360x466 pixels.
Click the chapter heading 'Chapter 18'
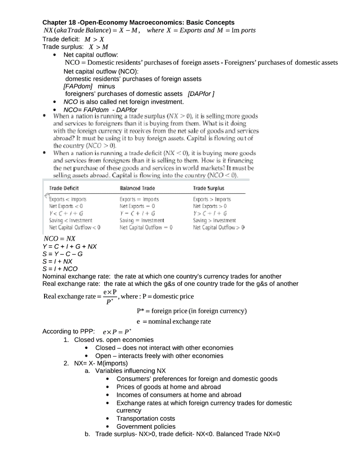(60, 22)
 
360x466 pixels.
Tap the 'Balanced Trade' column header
(137, 188)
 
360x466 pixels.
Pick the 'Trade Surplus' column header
(208, 188)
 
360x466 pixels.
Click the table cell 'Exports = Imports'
(139, 199)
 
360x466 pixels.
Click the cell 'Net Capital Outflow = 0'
(146, 227)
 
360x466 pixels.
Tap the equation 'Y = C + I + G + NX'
(69, 247)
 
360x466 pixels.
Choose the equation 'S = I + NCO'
(60, 269)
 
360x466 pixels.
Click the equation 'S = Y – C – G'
(62, 254)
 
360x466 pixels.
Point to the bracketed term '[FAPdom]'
(78, 86)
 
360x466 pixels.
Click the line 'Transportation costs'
(146, 418)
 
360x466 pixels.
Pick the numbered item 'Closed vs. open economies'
(114, 340)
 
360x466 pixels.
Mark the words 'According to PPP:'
(69, 331)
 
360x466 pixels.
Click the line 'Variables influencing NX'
(130, 371)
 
